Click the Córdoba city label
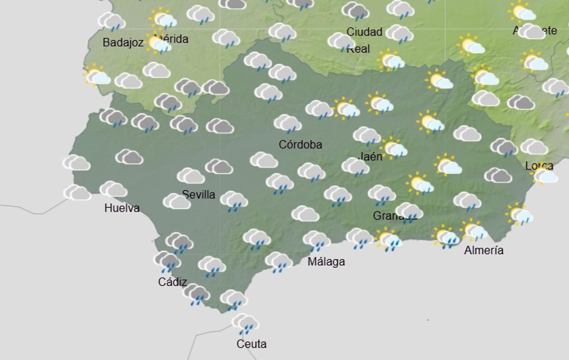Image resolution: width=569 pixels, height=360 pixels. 300,145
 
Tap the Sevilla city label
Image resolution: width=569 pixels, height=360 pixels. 198,194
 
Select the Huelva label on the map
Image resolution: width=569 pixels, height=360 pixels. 122,208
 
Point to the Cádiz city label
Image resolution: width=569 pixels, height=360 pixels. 172,282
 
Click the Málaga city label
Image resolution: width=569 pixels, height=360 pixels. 326,261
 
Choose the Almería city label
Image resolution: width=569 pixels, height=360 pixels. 484,250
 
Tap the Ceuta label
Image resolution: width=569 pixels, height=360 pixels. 251,344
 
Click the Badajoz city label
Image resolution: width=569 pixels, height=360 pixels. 123,42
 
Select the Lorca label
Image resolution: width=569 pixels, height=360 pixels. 539,166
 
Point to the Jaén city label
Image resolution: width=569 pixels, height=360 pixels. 370,156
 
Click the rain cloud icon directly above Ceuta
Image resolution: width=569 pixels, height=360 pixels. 245,324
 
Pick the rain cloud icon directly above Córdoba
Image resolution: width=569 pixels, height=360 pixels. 288,124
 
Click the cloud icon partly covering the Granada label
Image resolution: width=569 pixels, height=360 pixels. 409,212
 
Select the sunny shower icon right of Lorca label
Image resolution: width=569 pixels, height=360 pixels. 545,176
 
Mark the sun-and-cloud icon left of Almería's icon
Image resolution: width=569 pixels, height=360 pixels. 446,236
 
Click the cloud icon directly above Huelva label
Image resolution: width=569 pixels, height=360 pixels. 113,190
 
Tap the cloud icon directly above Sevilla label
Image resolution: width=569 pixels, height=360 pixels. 191,176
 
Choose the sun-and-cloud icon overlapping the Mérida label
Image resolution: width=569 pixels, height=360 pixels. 158,44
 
